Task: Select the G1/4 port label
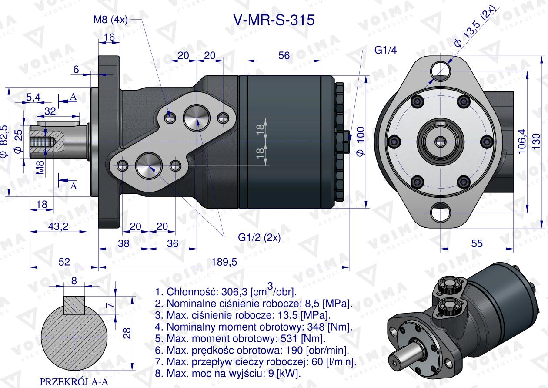(385, 50)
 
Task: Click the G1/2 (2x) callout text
(259, 237)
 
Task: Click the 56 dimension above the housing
(284, 55)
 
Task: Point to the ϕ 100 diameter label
(359, 142)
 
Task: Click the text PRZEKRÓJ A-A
(74, 381)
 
